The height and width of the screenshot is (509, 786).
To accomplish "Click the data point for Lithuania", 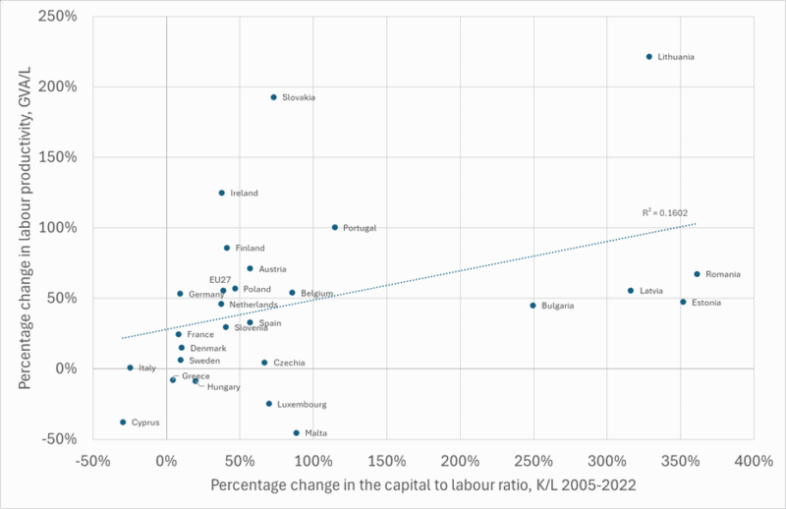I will tap(649, 56).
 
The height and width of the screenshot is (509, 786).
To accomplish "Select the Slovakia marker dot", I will tap(273, 97).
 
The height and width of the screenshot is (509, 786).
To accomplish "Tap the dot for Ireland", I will tap(222, 193).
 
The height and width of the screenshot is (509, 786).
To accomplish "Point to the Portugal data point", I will tap(335, 227).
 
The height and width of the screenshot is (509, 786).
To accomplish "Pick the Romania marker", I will tap(697, 274).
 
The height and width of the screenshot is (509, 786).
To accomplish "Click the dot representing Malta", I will tap(296, 432).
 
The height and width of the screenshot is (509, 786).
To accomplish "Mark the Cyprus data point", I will tap(123, 423).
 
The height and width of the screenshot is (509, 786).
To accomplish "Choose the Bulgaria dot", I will tap(533, 306).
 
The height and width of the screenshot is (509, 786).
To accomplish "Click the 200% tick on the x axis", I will tap(460, 461).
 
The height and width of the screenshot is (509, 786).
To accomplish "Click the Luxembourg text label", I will tap(304, 404).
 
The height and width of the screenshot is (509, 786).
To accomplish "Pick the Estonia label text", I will tap(706, 302).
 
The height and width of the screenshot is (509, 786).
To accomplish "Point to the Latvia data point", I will tap(631, 290).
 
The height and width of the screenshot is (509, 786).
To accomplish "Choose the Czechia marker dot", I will tap(264, 363).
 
